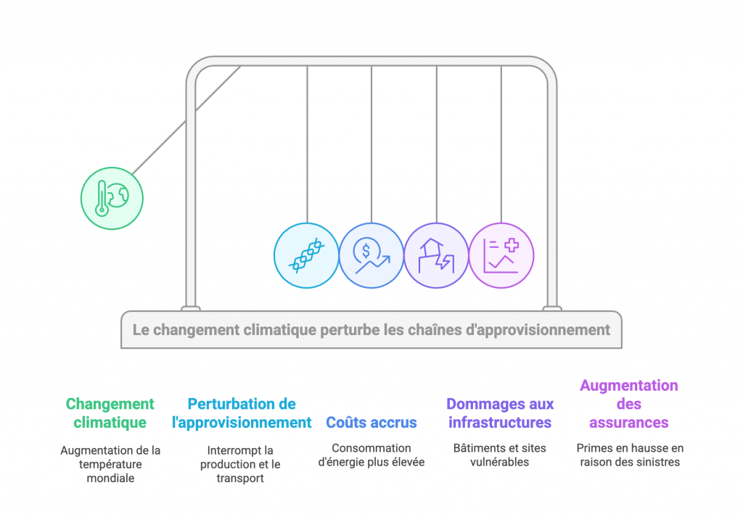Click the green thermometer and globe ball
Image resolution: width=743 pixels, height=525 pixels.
click(112, 199)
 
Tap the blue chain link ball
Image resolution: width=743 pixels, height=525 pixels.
click(307, 256)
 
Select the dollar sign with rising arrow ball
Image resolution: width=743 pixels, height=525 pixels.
click(371, 256)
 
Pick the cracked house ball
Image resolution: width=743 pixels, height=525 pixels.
click(436, 256)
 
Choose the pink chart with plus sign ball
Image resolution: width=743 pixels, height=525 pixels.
click(501, 256)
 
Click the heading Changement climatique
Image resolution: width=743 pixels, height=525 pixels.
click(110, 413)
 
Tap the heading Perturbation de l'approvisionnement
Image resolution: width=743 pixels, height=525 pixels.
click(242, 413)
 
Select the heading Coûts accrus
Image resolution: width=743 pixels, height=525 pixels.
click(371, 422)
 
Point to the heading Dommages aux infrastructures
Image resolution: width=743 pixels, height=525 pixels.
click(500, 413)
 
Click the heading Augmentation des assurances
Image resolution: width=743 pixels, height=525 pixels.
click(629, 404)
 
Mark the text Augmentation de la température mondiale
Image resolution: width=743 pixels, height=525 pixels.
click(110, 464)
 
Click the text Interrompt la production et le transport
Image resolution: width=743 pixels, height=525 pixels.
click(240, 464)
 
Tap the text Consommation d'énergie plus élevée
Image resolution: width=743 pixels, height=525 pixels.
click(371, 455)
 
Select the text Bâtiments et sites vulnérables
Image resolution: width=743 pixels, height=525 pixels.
click(500, 455)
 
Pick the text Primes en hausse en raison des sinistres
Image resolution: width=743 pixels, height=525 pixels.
click(630, 455)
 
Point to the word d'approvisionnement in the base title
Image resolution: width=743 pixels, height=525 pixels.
click(538, 330)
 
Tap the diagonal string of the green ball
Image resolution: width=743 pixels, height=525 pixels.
click(186, 120)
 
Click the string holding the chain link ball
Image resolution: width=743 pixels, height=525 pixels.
click(307, 144)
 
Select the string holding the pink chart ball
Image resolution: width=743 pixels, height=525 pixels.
click(501, 144)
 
